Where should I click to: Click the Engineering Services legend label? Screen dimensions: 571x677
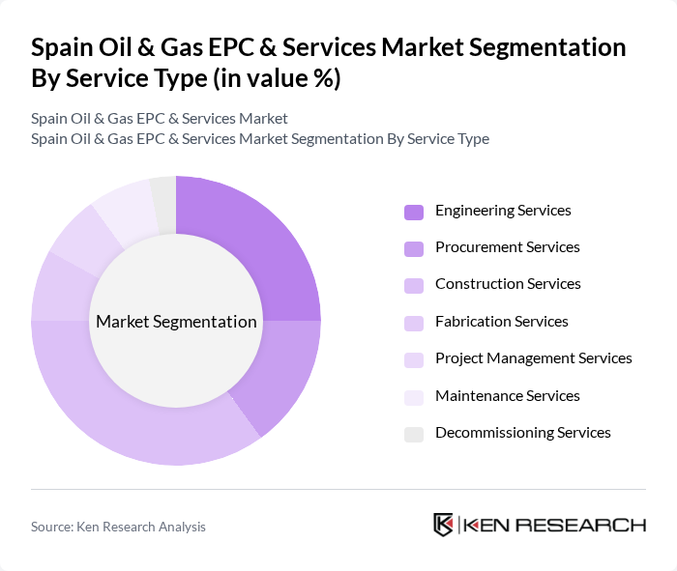click(503, 211)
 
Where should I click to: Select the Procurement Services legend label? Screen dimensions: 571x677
click(507, 247)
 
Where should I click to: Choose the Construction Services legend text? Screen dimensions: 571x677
click(508, 284)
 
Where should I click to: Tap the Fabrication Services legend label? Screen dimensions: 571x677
click(501, 322)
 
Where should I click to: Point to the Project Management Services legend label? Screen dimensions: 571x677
click(533, 358)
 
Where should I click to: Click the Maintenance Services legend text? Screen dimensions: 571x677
click(507, 396)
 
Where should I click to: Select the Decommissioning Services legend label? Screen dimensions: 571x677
click(522, 433)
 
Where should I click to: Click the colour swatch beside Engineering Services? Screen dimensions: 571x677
click(414, 212)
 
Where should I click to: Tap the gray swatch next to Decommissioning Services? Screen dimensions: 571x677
click(414, 434)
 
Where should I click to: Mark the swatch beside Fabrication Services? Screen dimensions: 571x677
click(414, 323)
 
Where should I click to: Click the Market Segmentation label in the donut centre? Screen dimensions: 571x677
click(176, 322)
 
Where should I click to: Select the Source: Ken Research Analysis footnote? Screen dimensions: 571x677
click(118, 527)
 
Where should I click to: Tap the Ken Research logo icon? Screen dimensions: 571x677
click(444, 525)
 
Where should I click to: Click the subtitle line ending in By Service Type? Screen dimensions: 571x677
click(259, 138)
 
